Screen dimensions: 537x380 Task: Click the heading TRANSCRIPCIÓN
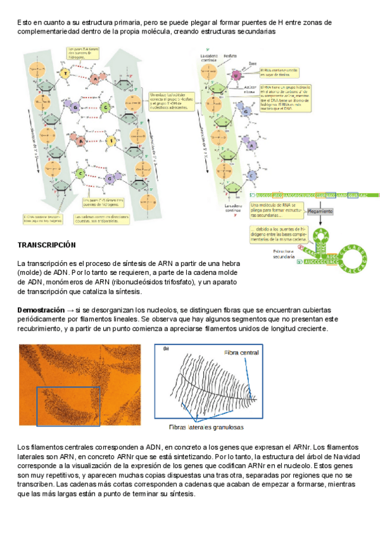click(x=46, y=244)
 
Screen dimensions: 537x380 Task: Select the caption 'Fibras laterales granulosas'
click(x=206, y=427)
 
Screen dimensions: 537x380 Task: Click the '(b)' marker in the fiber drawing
click(x=166, y=349)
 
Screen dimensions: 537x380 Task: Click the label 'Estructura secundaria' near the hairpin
click(x=277, y=255)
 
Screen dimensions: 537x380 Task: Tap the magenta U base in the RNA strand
click(x=237, y=75)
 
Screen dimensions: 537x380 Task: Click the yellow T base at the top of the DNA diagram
click(x=65, y=74)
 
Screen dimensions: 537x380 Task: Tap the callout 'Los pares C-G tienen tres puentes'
click(x=103, y=203)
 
